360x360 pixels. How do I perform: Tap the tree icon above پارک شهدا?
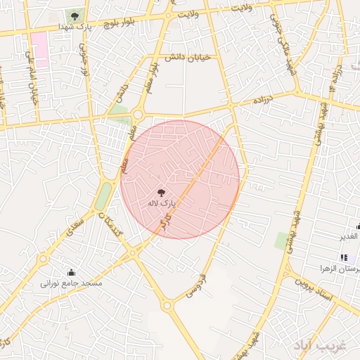click(75, 15)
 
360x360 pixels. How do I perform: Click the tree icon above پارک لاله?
click(162, 191)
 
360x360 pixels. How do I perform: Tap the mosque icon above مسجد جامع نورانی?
click(71, 272)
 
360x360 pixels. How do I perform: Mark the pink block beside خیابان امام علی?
click(39, 49)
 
